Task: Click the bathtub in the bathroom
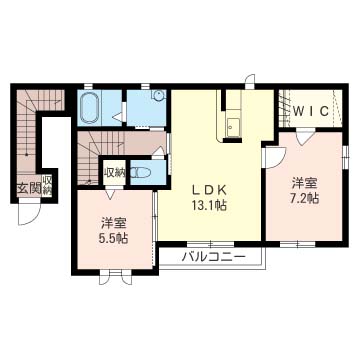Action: coord(90,107)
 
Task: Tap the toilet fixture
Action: coord(141,173)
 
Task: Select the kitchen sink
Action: coord(232,126)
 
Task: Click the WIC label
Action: coord(312,111)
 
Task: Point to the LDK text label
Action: coord(209,190)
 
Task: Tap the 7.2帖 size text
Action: coord(305,198)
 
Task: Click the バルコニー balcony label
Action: coord(214,257)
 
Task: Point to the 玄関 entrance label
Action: coord(29,189)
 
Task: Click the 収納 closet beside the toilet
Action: coord(114,172)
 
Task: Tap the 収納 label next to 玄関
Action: coord(47,185)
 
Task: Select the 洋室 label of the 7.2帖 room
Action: coord(305,183)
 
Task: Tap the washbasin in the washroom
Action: coord(158,95)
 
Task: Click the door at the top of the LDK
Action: coord(250,81)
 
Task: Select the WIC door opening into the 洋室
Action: coord(305,138)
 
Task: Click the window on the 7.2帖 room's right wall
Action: coord(346,156)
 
